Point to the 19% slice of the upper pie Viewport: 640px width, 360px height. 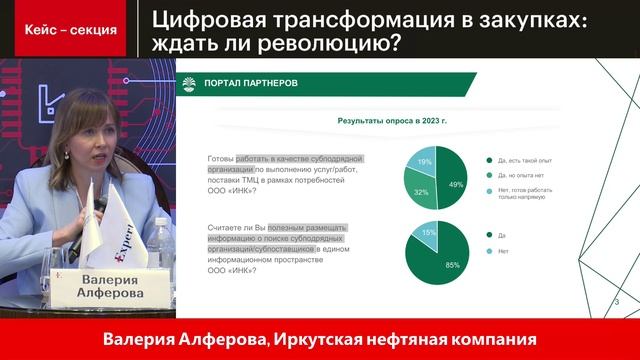tap(424, 162)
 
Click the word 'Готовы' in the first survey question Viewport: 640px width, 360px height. tap(221, 159)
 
